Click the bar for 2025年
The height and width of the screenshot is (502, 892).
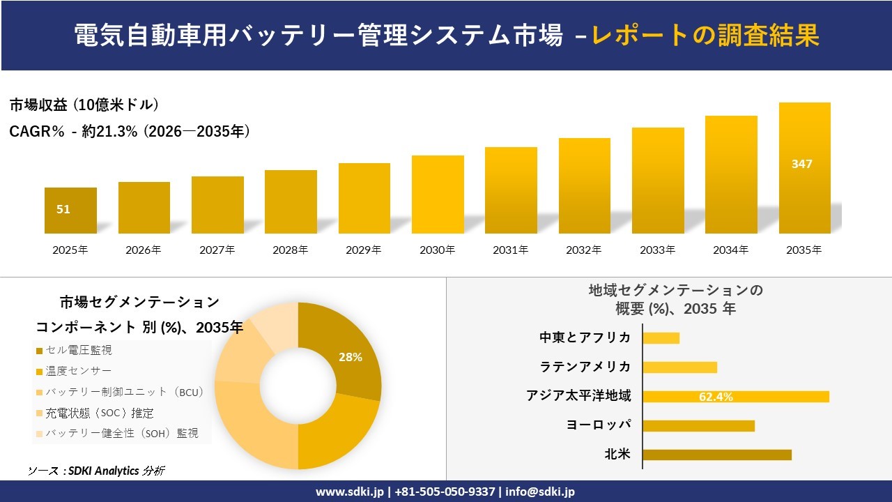point(70,211)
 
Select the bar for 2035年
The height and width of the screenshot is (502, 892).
point(804,169)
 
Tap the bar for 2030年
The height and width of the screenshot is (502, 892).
point(438,195)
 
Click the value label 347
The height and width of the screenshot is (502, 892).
point(802,165)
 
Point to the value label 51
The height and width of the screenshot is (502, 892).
point(63,209)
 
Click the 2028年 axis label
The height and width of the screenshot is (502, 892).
point(291,250)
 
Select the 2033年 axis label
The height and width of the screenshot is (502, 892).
point(658,250)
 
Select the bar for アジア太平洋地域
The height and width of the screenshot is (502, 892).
point(736,397)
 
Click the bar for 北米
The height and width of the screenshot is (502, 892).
point(717,455)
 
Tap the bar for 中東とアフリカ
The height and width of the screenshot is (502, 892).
point(661,338)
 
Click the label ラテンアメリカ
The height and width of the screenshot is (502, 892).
point(585,367)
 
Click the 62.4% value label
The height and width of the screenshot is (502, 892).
point(716,397)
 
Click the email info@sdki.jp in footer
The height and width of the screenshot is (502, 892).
point(540,492)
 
